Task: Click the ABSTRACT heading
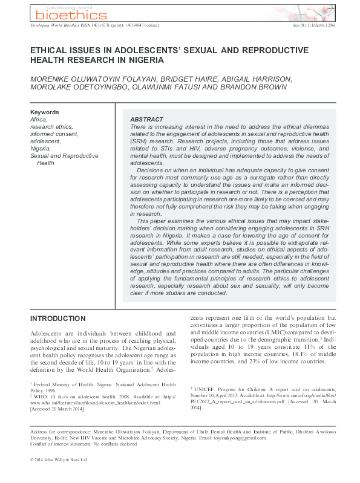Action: click(x=146, y=120)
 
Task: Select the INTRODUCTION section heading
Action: click(x=57, y=319)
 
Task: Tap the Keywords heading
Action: click(x=44, y=112)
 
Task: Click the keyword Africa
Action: click(x=38, y=120)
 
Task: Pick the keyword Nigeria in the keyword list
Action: click(x=40, y=148)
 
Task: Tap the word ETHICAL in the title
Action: click(x=50, y=51)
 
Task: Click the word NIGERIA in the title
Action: click(x=143, y=60)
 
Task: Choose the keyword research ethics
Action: click(x=51, y=127)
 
